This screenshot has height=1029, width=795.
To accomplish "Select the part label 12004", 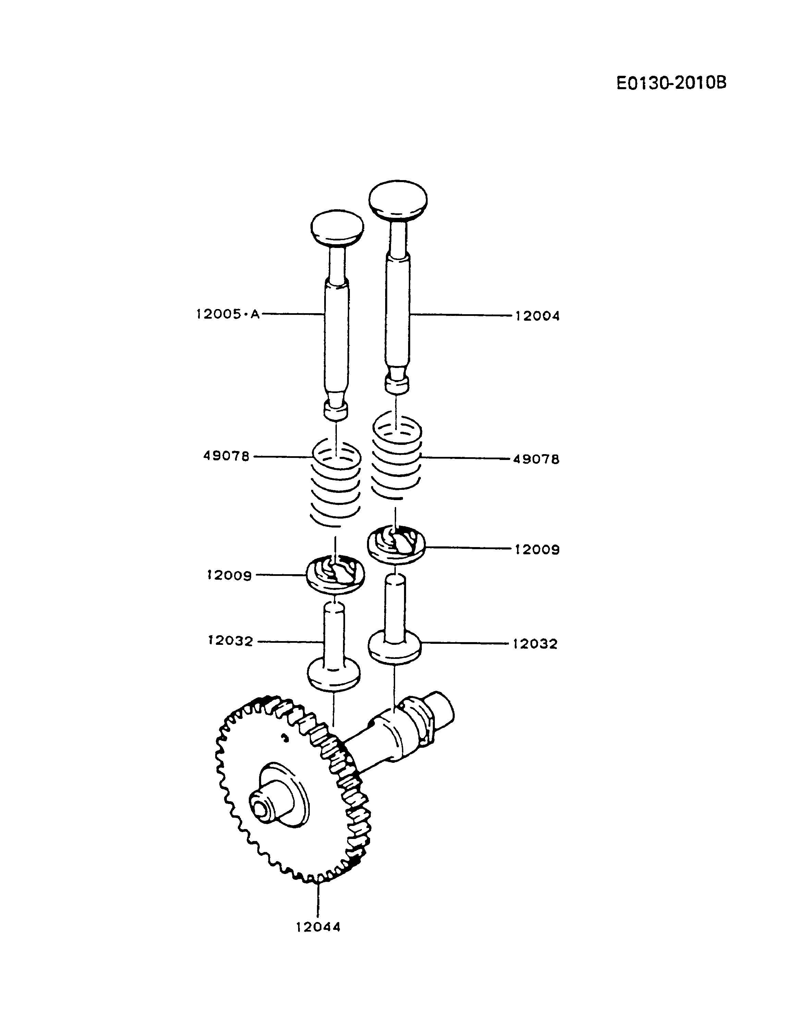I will point(537,316).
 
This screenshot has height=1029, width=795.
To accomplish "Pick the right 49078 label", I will point(536,459).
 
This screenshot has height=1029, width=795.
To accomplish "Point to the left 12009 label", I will point(230,575).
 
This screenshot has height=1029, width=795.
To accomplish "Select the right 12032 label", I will point(535,643).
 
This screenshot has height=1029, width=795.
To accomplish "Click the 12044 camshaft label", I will point(318,927).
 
